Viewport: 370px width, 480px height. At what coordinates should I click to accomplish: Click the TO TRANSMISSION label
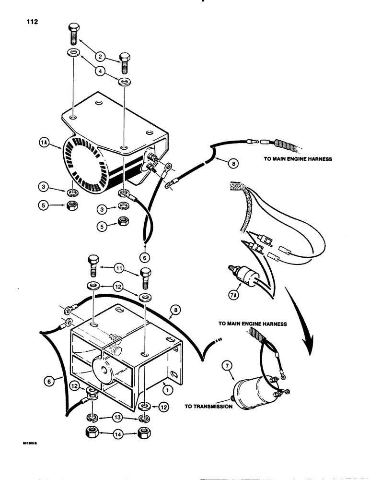tap(208, 406)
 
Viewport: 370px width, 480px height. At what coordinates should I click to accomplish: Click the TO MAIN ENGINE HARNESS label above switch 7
tap(253, 324)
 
